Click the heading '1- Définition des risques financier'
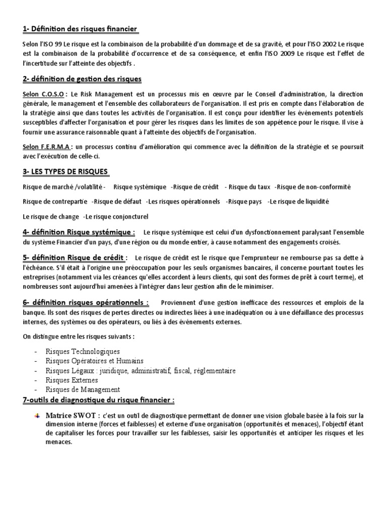80,29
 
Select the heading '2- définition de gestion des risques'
82,79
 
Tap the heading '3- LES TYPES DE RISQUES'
66,172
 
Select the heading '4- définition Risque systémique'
79,232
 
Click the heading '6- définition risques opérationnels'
86,302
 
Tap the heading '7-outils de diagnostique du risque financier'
99,400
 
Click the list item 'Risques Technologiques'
83,351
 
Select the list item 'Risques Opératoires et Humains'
94,361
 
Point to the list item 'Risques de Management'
83,390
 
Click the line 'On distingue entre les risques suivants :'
79,336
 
